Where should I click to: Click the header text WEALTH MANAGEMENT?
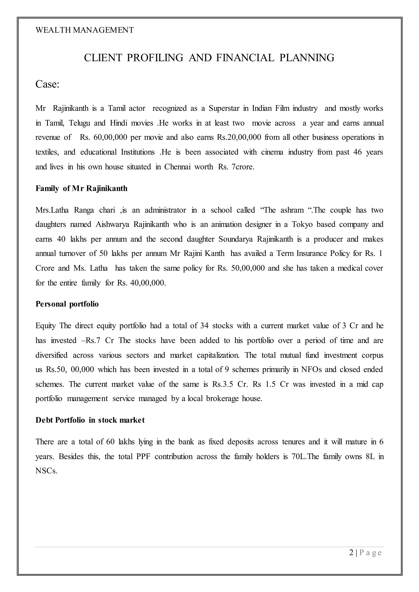pyautogui.click(x=85, y=30)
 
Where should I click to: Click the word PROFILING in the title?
pyautogui.click(x=155, y=58)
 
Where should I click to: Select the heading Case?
pyautogui.click(x=47, y=84)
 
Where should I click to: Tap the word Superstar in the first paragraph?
pyautogui.click(x=224, y=108)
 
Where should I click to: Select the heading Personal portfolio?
pyautogui.click(x=67, y=304)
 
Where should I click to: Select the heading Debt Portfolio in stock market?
pyautogui.click(x=90, y=420)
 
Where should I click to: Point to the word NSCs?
pyautogui.click(x=46, y=471)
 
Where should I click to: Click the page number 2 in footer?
pyautogui.click(x=351, y=553)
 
